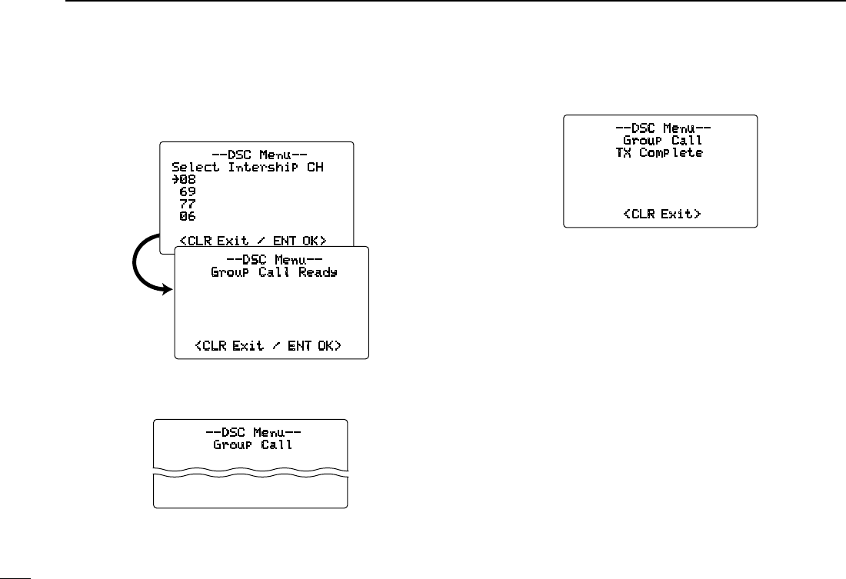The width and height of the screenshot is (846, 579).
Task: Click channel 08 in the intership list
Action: click(x=187, y=179)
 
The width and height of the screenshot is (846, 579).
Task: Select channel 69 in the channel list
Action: click(x=187, y=191)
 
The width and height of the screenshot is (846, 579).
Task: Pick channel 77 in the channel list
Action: click(x=187, y=204)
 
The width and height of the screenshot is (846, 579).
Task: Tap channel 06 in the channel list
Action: click(x=187, y=216)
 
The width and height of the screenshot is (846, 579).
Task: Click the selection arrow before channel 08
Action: click(x=175, y=179)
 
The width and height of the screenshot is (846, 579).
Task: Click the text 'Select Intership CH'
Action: click(x=247, y=167)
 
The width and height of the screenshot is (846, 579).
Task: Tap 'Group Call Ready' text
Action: click(x=274, y=271)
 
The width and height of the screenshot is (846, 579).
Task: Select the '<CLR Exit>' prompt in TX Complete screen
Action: click(x=661, y=213)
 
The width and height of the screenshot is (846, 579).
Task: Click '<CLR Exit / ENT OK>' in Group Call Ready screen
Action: click(x=268, y=346)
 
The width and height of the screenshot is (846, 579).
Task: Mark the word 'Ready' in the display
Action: click(x=318, y=271)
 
